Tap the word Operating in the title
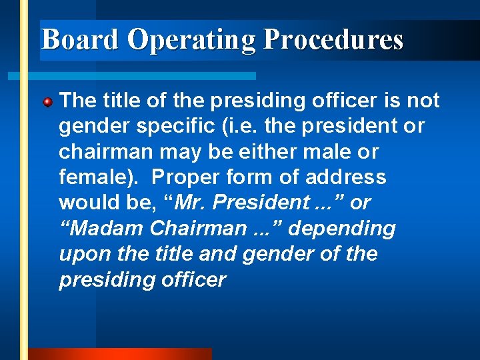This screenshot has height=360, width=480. [x=191, y=40]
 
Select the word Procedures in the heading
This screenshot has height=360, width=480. [x=333, y=40]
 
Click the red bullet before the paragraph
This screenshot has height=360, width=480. [x=47, y=103]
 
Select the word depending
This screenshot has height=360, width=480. [x=343, y=228]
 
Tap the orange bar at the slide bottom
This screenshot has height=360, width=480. [x=120, y=354]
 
